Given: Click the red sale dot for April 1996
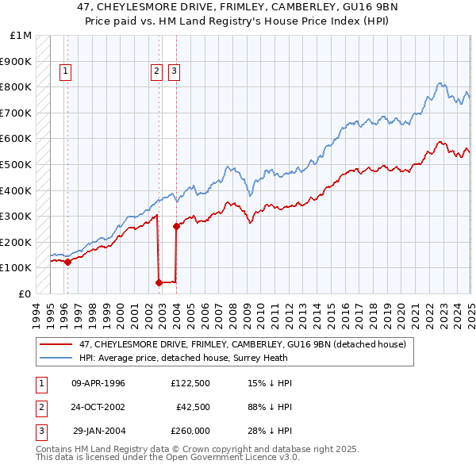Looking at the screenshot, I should point(67,262).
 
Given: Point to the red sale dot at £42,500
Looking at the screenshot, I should point(159,282).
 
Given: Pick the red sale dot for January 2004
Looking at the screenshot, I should point(176,226).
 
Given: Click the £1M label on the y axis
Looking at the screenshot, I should point(21,35).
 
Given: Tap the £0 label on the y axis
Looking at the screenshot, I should point(25,293).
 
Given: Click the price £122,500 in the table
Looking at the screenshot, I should point(190,383).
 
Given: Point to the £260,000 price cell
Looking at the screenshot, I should point(190,431).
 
